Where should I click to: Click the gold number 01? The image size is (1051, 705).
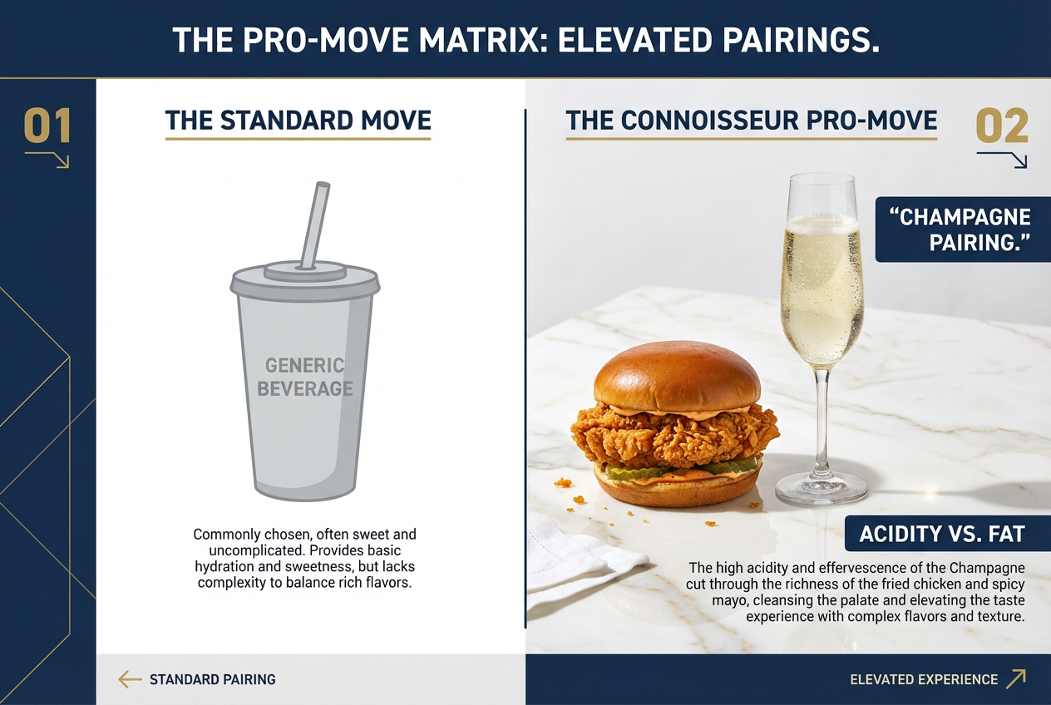[x=47, y=126]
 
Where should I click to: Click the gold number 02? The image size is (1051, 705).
[x=1002, y=126]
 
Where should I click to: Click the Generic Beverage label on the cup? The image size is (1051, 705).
[x=304, y=377]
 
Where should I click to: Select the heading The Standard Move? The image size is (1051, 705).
[x=298, y=121]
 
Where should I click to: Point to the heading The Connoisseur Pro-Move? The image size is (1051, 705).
[x=752, y=121]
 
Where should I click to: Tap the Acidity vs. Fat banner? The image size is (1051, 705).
[x=941, y=534]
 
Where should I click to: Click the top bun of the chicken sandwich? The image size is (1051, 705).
[x=677, y=376]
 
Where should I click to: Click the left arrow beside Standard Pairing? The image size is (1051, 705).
[x=130, y=679]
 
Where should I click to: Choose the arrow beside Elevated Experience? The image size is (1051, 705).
[x=1015, y=679]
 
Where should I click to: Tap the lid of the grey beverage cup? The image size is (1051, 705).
[x=304, y=279]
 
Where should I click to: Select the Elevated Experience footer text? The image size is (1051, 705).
[x=923, y=679]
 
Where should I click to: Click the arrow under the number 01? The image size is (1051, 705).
[x=48, y=159]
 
